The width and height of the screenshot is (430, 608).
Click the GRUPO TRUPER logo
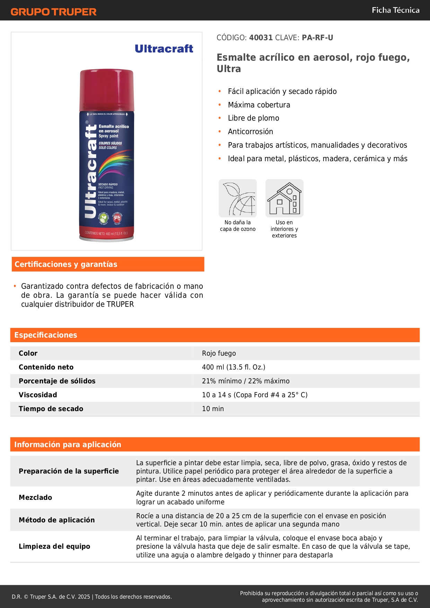point(53,12)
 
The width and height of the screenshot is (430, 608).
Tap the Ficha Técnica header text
point(395,10)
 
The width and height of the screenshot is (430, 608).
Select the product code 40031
point(261,38)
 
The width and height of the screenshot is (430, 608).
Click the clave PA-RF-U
point(317,38)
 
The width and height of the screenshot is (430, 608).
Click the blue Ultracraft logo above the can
point(164,49)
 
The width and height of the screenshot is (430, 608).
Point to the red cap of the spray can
point(106,89)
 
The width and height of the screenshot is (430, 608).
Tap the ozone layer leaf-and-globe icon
point(238,198)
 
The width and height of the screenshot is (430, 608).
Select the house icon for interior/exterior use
point(284,198)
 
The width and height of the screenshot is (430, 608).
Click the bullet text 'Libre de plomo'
point(253,118)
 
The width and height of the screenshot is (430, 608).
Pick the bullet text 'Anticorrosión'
point(250,132)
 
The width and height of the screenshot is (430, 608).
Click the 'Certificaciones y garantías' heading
point(66,264)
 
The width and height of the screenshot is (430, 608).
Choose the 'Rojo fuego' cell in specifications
point(219,353)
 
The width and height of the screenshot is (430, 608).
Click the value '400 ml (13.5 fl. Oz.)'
point(234,367)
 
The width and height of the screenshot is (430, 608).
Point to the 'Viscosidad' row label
point(38,395)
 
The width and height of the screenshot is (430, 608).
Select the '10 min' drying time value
point(213,409)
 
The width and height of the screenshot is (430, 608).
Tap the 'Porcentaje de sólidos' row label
point(57,381)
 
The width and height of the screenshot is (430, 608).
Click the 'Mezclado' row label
point(35,497)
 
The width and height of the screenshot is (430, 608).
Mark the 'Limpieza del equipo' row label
point(54,546)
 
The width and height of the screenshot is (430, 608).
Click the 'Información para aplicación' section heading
point(68,444)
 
